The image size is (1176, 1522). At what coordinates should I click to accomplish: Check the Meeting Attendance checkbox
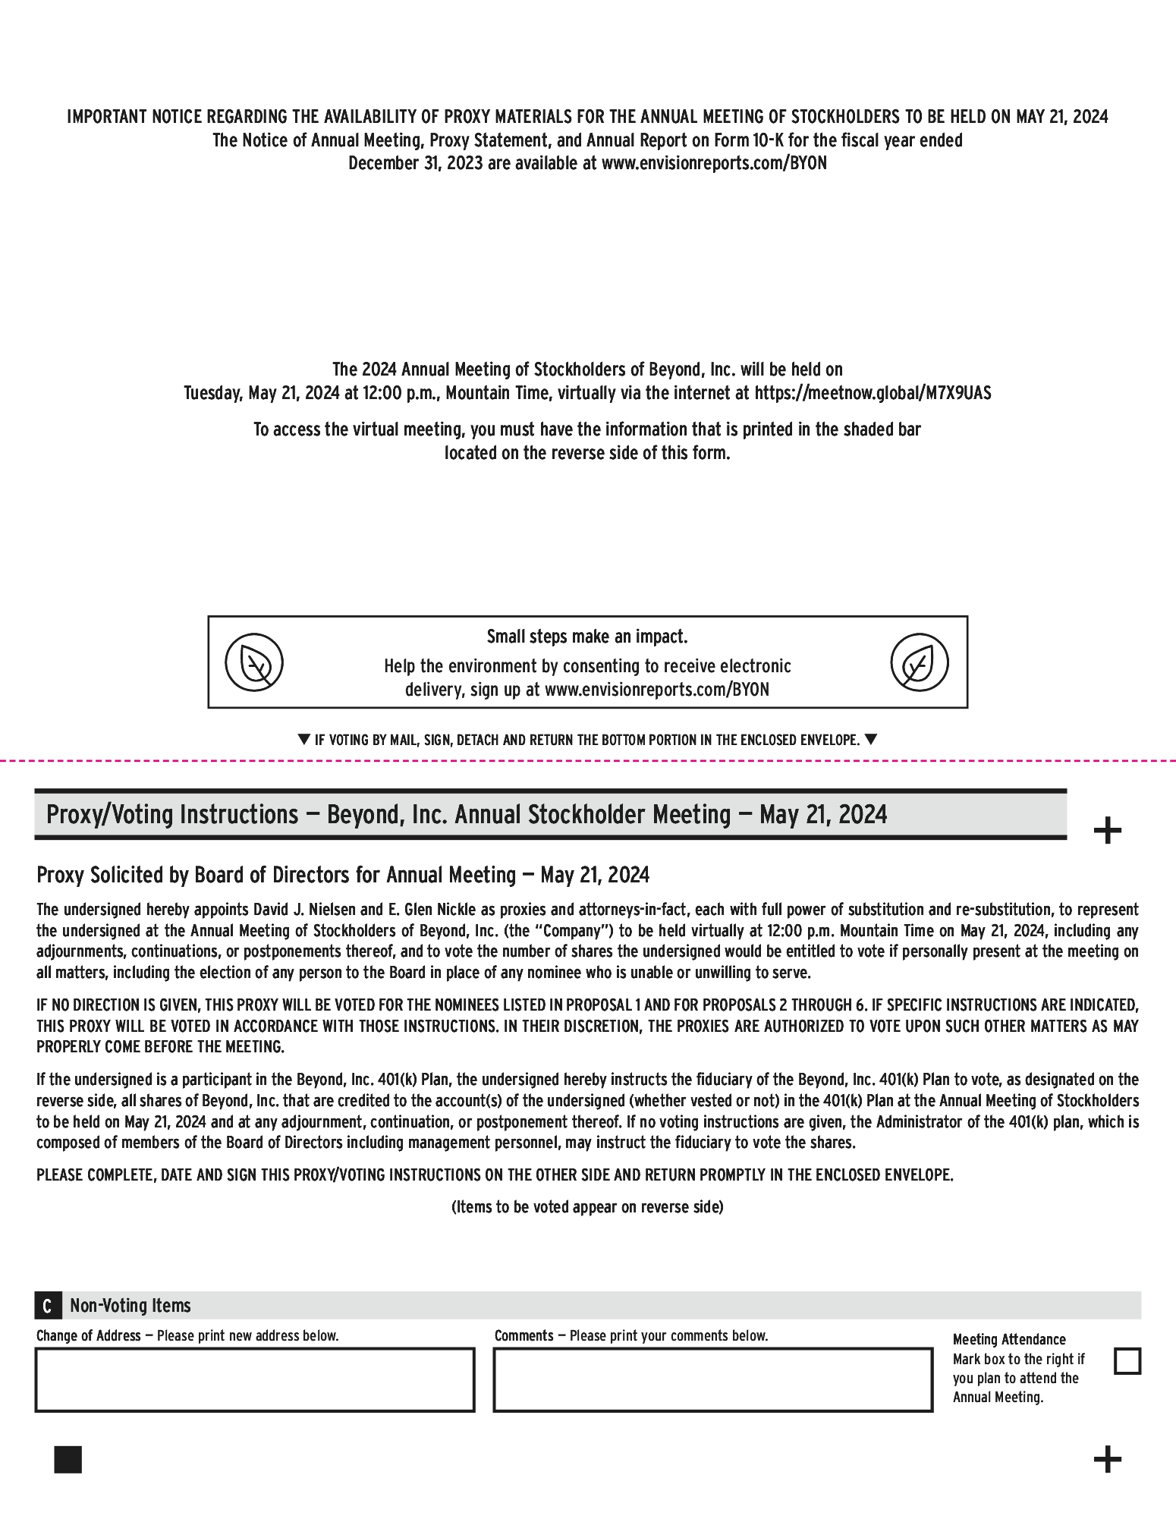[1127, 1361]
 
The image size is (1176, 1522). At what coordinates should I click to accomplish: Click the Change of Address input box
[255, 1379]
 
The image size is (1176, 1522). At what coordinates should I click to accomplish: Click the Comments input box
[712, 1379]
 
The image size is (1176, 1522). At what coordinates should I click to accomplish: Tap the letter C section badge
[47, 1306]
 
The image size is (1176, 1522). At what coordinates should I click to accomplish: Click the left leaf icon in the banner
[254, 662]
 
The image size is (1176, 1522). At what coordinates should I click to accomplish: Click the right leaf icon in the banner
[919, 662]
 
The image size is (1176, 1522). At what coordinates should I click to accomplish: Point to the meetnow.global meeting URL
[873, 393]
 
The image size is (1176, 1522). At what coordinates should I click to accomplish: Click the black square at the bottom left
[68, 1459]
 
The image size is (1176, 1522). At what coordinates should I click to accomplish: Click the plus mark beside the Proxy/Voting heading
[1107, 830]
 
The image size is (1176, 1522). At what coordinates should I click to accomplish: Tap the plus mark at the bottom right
[1107, 1459]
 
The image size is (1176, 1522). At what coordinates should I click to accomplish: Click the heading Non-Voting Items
[130, 1306]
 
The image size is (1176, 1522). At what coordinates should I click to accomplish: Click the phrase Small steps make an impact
[587, 637]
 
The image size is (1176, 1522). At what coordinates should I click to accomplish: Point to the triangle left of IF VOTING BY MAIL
[303, 739]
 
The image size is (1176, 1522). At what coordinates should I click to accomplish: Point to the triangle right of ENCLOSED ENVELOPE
[870, 739]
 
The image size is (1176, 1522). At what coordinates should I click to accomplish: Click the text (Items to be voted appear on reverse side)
[587, 1207]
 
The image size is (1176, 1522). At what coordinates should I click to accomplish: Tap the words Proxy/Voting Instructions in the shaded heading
[172, 815]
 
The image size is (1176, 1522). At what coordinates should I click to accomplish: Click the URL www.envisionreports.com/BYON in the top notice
[714, 163]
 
